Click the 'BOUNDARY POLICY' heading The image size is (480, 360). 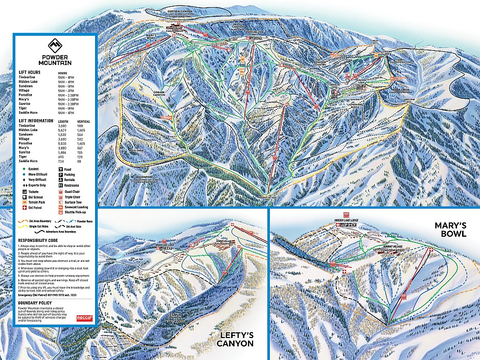[x=35, y=303]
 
